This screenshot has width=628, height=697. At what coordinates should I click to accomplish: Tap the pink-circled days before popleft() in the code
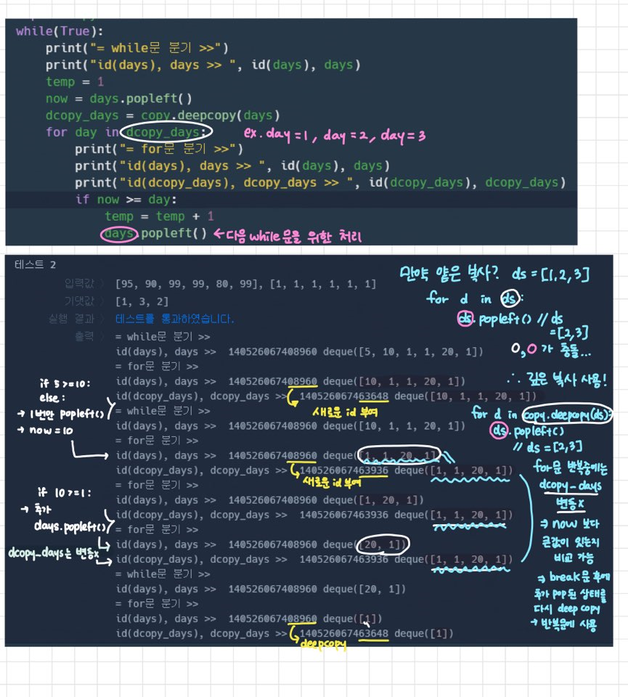(x=118, y=234)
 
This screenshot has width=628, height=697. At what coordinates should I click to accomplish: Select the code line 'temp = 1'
(x=75, y=82)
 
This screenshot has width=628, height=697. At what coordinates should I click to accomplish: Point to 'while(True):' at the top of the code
(x=60, y=32)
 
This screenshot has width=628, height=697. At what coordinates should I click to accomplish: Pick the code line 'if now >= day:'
(x=126, y=199)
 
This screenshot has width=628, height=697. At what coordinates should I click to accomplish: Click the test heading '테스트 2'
(x=35, y=265)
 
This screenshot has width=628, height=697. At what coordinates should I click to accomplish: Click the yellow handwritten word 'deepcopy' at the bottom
(x=322, y=643)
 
